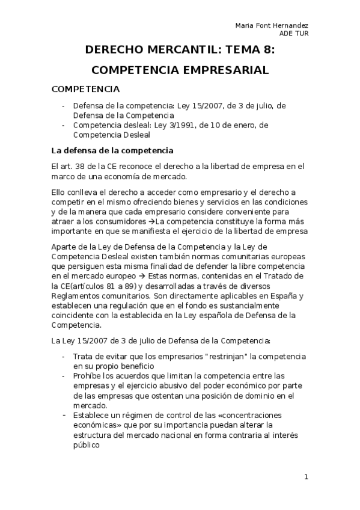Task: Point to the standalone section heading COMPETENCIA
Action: coord(86,90)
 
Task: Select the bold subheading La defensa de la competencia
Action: coord(113,150)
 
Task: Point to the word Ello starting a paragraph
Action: coord(60,192)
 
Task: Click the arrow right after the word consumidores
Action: coord(151,221)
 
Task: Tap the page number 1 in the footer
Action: coord(306,478)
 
